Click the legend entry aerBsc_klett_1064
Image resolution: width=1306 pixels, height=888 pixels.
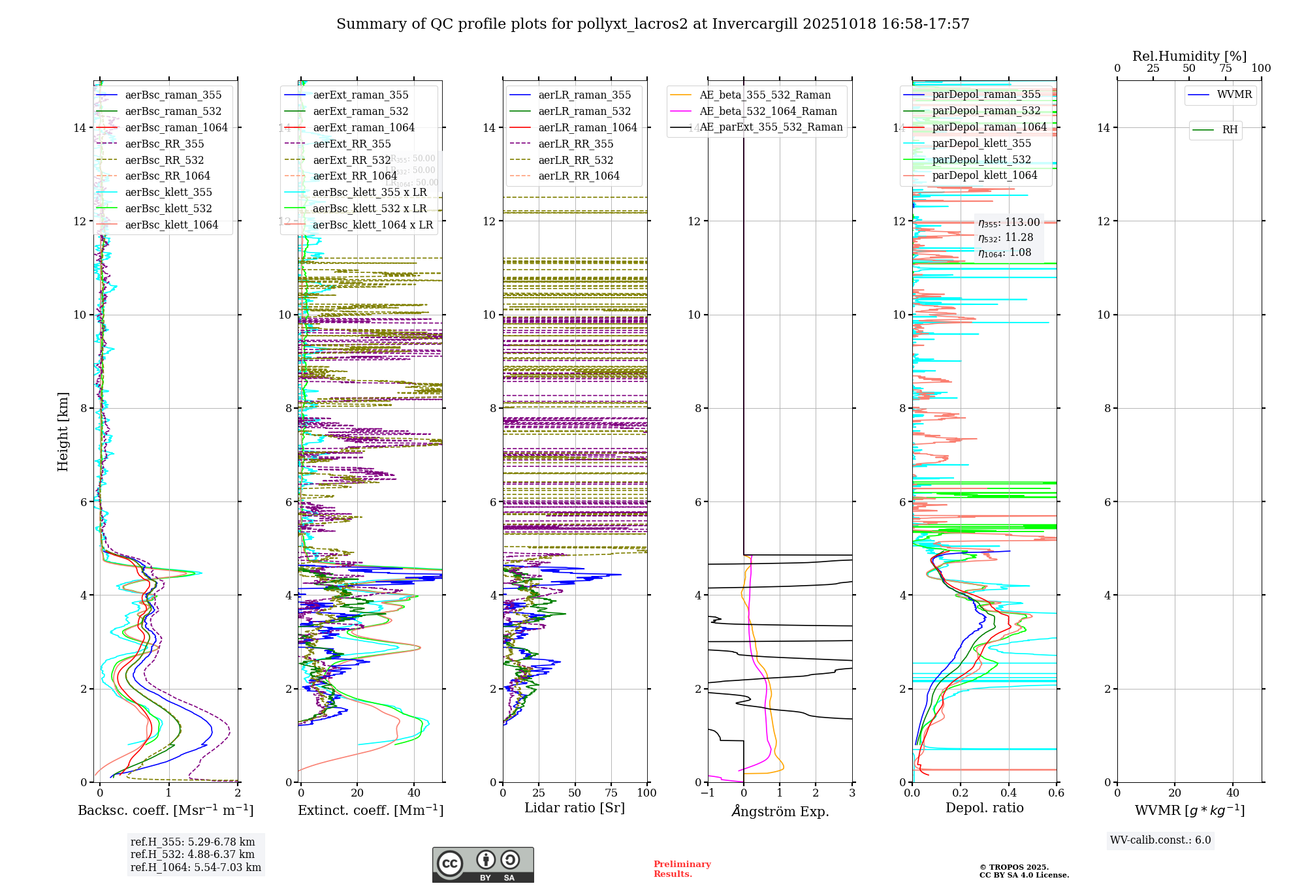(171, 225)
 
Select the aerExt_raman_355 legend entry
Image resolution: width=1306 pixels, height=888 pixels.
(360, 95)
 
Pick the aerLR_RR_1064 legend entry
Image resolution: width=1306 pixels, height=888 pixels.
(579, 176)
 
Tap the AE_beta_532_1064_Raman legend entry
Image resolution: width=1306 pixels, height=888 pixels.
(768, 111)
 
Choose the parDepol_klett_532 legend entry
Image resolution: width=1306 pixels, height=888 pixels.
(981, 159)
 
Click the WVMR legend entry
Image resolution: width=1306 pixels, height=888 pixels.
(1234, 95)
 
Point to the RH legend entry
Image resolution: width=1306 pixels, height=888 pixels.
(1230, 129)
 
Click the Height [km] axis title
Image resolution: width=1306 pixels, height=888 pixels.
(63, 432)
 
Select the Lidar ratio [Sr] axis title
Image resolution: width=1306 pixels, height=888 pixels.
(575, 808)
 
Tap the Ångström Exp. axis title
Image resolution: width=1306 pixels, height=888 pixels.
(780, 811)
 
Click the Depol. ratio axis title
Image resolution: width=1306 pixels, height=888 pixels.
(984, 808)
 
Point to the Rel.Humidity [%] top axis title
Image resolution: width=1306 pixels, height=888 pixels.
(1189, 56)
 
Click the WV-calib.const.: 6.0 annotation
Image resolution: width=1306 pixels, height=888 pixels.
(1160, 840)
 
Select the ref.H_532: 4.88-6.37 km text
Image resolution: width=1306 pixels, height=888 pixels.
(193, 854)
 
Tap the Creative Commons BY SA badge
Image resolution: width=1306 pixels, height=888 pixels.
(483, 865)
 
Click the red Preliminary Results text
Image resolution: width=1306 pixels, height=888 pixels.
(682, 868)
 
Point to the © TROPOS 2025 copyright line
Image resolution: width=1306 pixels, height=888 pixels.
(1013, 867)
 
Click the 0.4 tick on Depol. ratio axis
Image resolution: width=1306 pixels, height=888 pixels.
(1008, 793)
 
